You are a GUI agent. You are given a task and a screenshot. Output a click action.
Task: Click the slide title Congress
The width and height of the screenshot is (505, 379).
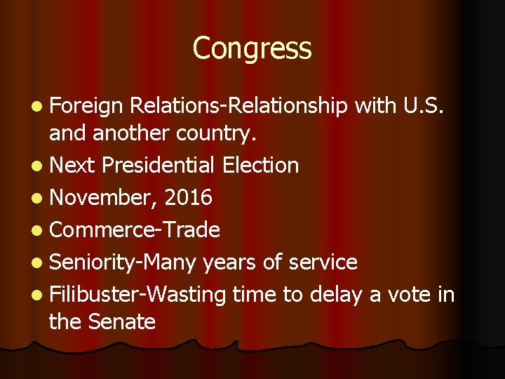click(252, 48)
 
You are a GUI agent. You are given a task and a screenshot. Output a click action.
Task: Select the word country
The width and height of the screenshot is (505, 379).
click(238, 133)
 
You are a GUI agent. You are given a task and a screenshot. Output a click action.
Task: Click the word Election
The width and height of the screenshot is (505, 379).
click(260, 166)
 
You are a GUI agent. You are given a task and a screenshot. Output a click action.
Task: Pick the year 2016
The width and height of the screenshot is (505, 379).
click(187, 198)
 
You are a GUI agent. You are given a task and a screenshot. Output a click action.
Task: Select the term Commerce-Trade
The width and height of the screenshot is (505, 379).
click(135, 230)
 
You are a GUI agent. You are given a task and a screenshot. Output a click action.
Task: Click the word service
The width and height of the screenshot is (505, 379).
click(320, 262)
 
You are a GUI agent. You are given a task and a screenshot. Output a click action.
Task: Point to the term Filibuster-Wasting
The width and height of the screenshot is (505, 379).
click(137, 295)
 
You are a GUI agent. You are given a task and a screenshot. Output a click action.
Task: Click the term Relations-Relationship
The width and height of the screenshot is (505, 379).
click(238, 106)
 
